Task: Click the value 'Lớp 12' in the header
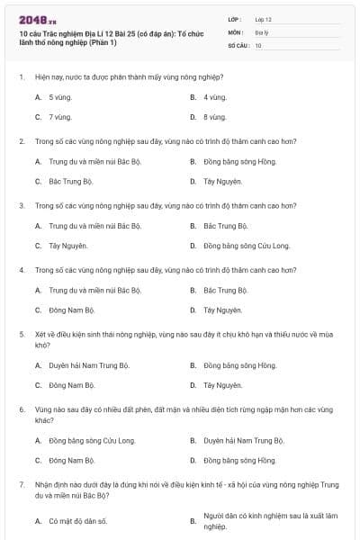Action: point(263,18)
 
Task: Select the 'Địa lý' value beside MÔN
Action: point(260,31)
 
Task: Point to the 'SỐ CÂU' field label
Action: point(238,44)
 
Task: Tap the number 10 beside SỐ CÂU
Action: point(258,44)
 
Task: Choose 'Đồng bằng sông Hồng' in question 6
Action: point(239,461)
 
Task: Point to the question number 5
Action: point(21,334)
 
